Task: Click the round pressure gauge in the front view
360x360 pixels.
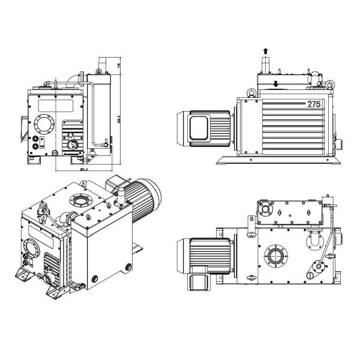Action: click(x=73, y=145)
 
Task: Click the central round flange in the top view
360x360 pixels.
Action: click(x=276, y=256)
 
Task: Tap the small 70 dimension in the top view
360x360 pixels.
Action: click(x=328, y=195)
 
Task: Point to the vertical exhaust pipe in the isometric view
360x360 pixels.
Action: click(x=119, y=195)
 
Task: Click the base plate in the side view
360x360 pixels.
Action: click(x=276, y=162)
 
